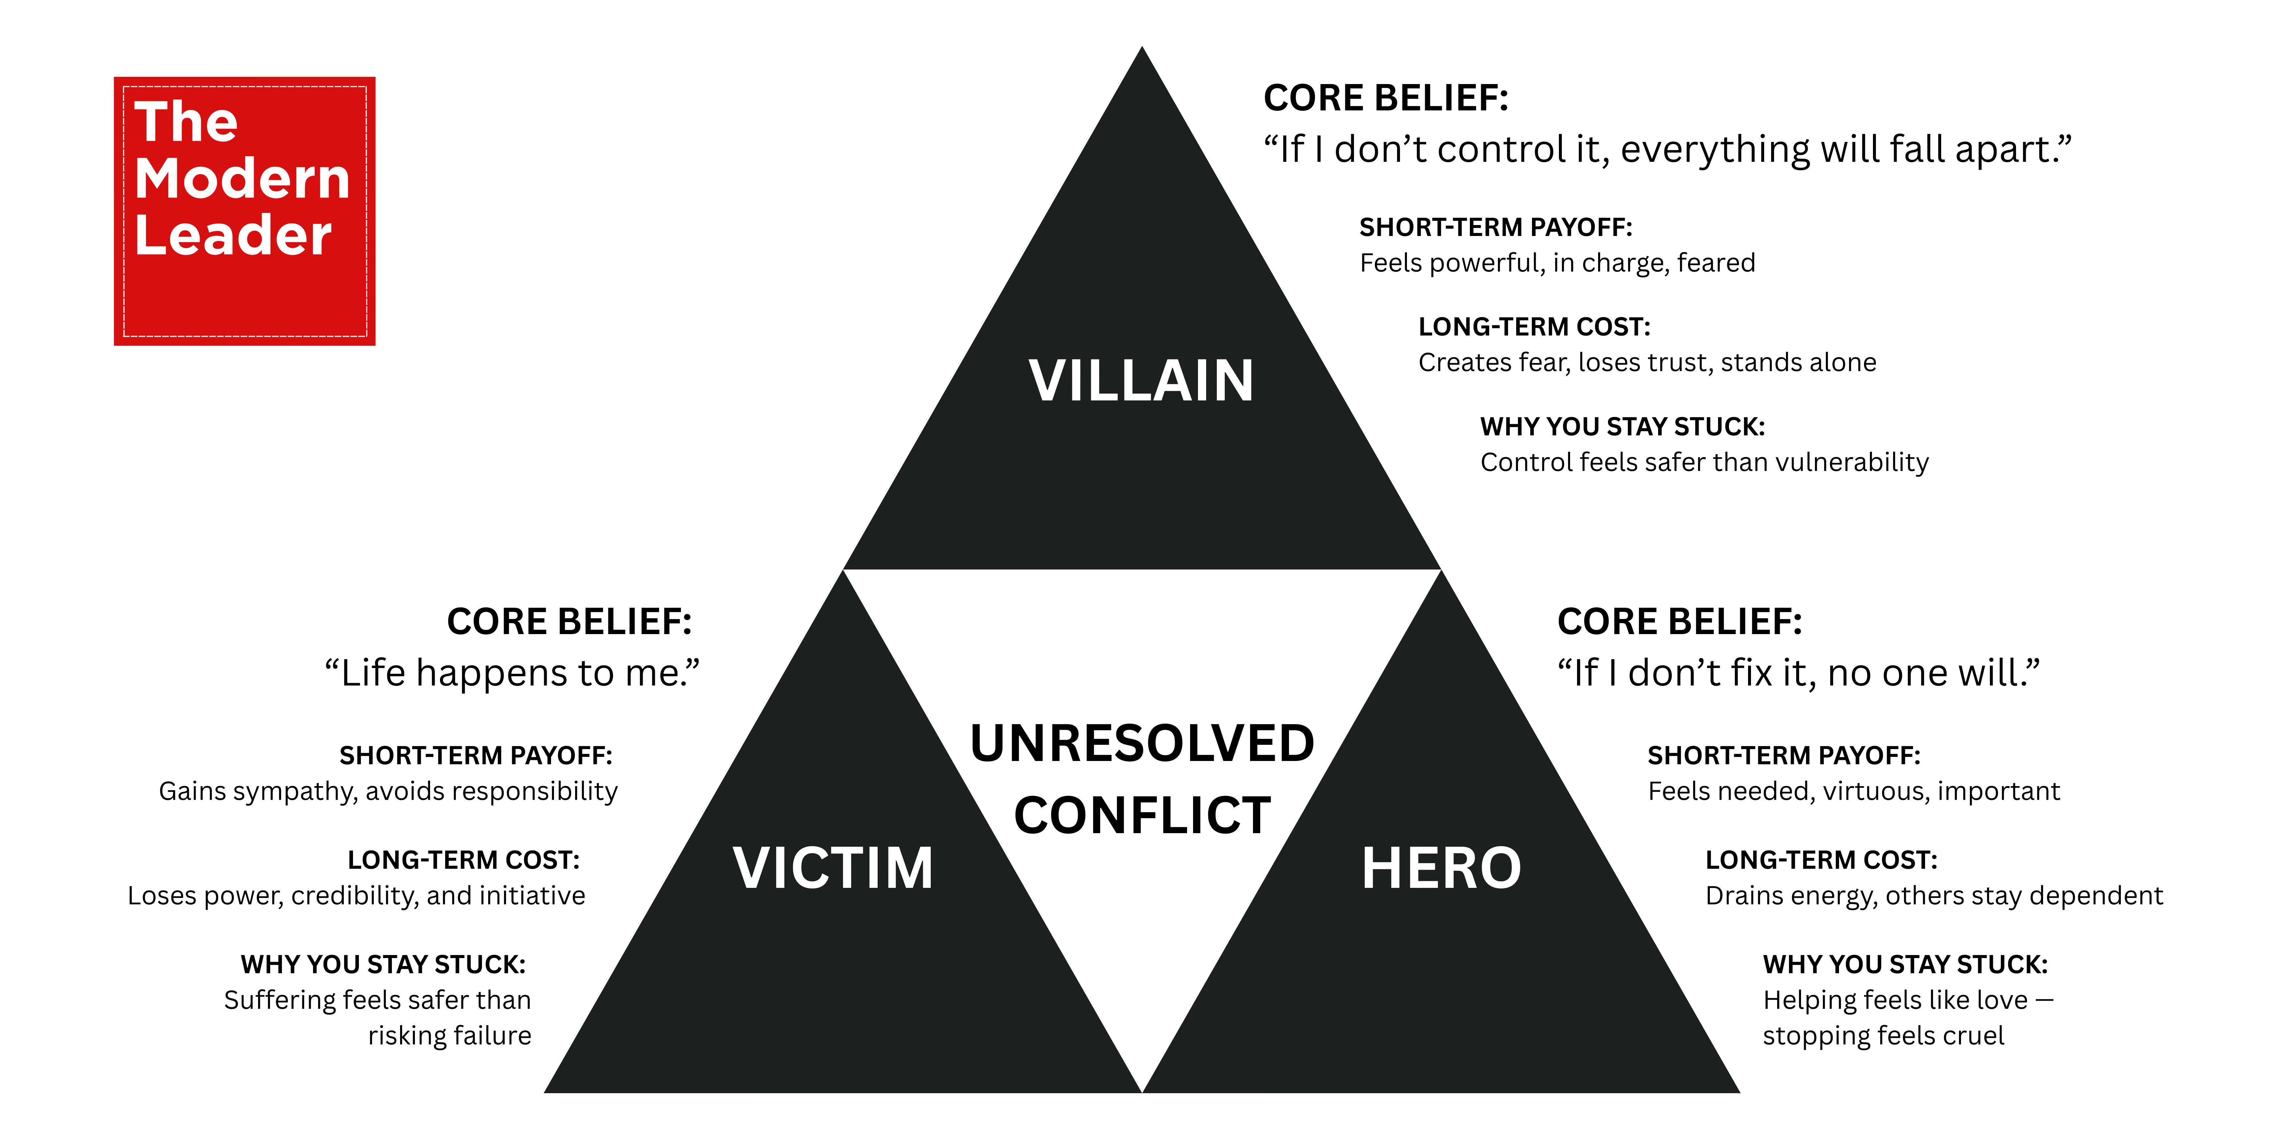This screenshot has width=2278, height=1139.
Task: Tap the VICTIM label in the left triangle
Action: (833, 868)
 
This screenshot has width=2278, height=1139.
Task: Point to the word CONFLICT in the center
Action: (1142, 815)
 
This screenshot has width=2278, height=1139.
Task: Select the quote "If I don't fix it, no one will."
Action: (1798, 673)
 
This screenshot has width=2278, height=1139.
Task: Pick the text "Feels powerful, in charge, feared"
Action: (1556, 263)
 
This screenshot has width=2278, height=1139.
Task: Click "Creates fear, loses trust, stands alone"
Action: (1647, 363)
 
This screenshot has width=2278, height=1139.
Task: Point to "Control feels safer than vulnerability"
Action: (1704, 462)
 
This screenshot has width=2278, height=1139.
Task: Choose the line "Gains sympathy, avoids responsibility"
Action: (388, 791)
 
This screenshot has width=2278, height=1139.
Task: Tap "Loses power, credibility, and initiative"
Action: (356, 896)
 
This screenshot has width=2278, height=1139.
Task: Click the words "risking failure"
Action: (449, 1036)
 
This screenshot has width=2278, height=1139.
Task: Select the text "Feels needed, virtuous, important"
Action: (1854, 791)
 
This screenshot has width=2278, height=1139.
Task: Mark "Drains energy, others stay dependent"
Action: (1934, 896)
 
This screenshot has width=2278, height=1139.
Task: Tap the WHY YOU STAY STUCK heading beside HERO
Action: (1905, 964)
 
